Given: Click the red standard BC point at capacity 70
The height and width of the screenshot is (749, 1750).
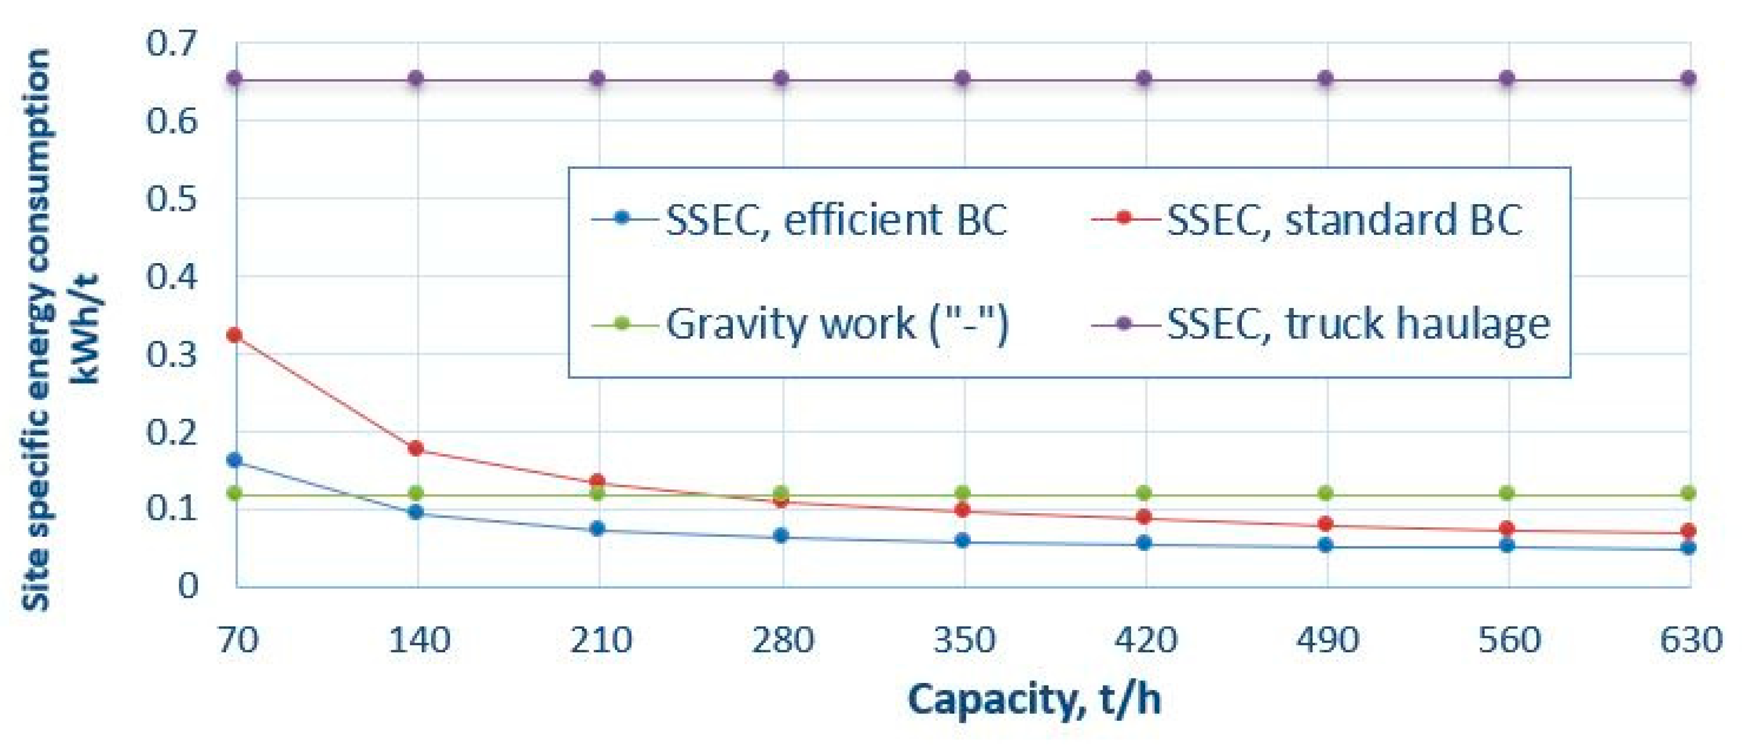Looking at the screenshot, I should [234, 335].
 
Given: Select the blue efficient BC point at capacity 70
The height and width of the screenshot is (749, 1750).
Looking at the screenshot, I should [234, 460].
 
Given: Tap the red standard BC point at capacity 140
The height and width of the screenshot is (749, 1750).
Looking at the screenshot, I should [416, 449].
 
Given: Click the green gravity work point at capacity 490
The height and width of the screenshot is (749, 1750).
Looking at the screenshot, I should [1325, 493].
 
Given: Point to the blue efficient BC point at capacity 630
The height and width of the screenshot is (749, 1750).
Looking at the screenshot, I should [1688, 548].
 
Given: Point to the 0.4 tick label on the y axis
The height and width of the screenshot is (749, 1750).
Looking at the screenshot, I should [171, 277].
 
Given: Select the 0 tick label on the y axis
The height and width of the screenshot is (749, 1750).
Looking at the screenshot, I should [188, 585].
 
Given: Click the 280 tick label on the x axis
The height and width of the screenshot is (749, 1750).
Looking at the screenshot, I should [783, 640].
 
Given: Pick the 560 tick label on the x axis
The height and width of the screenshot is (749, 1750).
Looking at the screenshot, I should [1509, 640].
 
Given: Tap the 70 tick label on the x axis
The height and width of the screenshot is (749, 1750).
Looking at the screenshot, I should [238, 640].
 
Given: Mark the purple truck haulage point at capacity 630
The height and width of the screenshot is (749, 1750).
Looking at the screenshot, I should [1688, 79].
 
